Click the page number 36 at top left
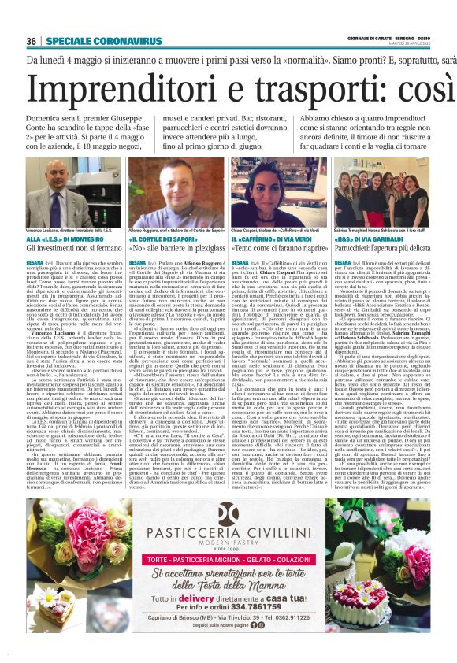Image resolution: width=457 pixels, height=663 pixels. pos(32,41)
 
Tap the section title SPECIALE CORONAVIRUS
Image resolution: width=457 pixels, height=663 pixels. pos(91,41)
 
